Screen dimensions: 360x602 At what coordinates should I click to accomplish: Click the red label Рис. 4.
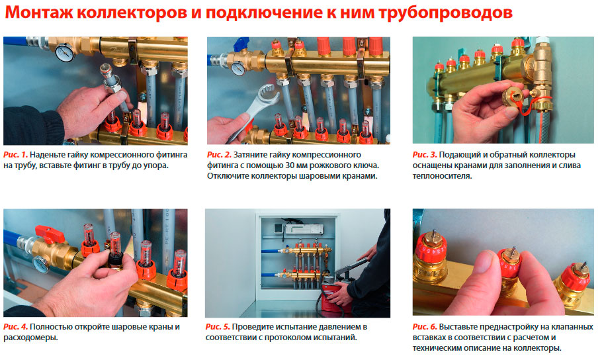click(x=15, y=327)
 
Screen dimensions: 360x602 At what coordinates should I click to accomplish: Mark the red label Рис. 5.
click(x=218, y=327)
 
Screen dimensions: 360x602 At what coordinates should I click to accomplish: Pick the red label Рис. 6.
click(x=425, y=327)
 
